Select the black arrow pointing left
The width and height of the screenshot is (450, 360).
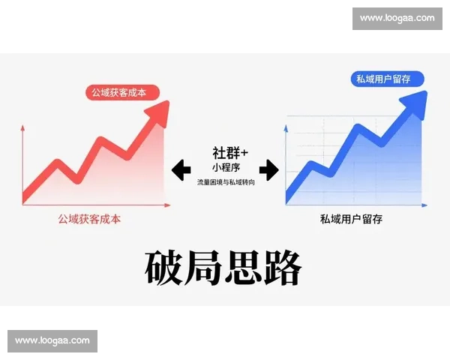coord(181,170)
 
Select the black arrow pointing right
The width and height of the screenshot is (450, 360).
coord(268,170)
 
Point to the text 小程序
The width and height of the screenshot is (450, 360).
coord(226,167)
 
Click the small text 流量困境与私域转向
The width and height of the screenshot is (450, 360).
coord(226,182)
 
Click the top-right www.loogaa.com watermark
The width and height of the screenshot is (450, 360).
coord(397,18)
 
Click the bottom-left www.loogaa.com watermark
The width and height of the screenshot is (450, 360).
coord(52,340)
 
